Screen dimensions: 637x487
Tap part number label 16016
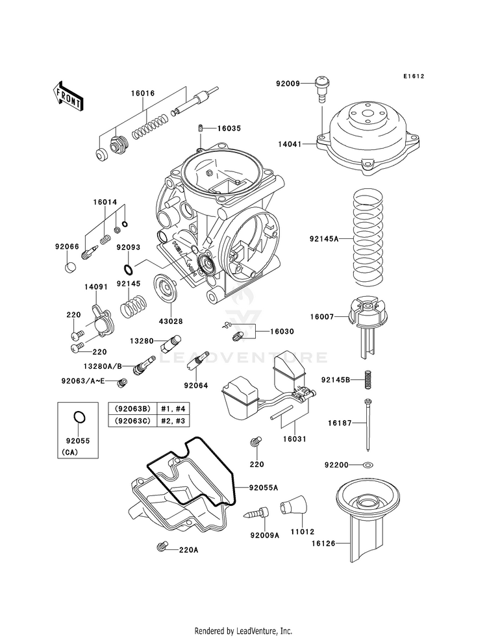pos(142,94)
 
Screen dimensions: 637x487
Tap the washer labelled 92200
pos(369,466)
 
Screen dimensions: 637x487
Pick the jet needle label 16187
pos(325,423)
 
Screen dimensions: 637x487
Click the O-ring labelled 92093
pos(129,269)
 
